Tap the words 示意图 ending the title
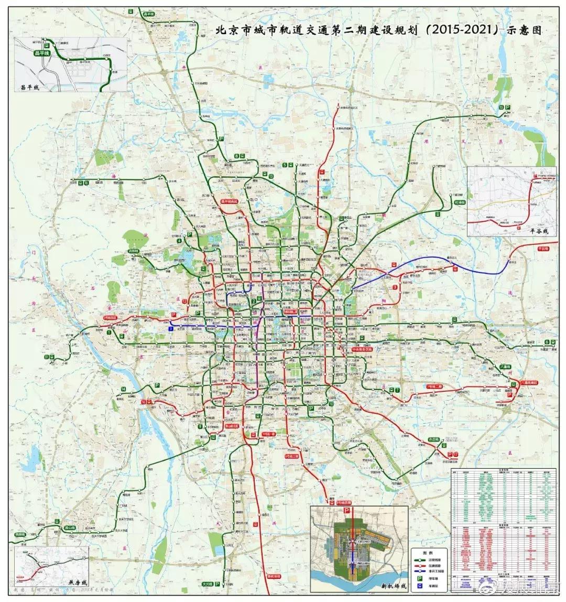pos(524,30)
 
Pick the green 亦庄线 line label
pos(434,438)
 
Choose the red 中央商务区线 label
pos(362,348)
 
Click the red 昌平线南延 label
pos(229,201)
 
